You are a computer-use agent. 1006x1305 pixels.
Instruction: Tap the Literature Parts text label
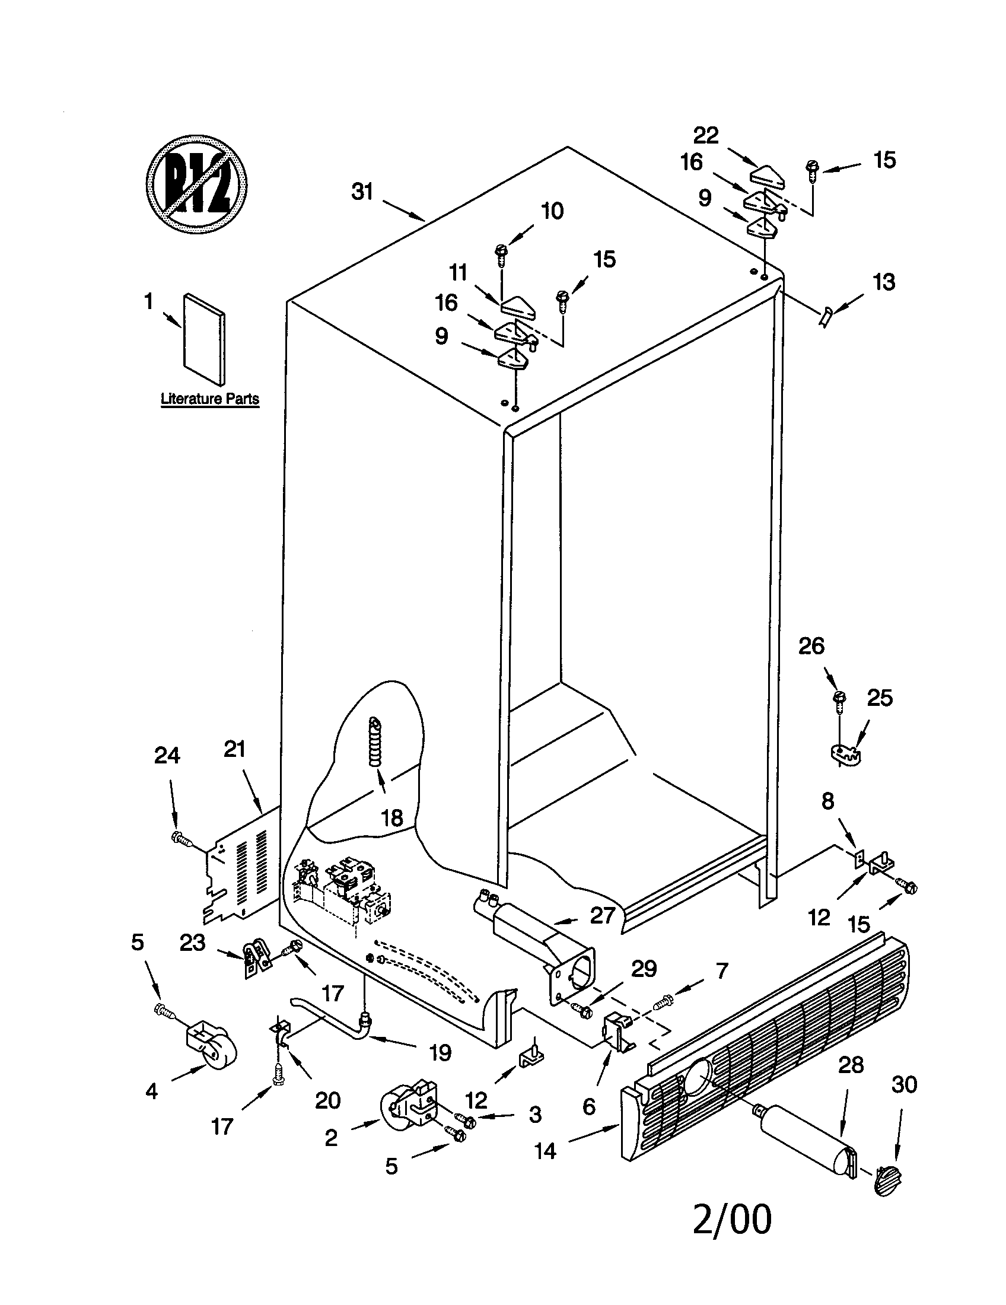[210, 399]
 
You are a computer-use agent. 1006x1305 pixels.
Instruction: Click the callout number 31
[362, 192]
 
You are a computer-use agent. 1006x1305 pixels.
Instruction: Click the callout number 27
[602, 915]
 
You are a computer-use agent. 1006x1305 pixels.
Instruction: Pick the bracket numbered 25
[848, 755]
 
